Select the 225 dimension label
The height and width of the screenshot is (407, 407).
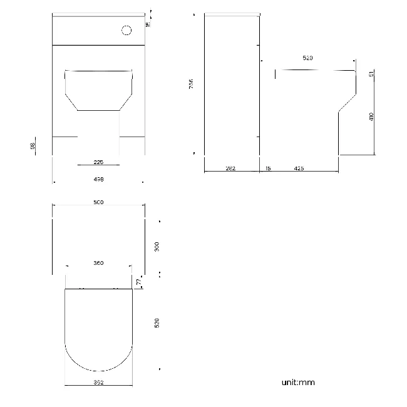point(98,162)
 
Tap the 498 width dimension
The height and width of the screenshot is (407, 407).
point(98,179)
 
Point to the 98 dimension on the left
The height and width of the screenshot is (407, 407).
point(33,146)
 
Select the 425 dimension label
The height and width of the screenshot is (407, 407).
point(299,168)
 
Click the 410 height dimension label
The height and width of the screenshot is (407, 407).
point(371,116)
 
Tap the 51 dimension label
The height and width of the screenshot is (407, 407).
point(371,74)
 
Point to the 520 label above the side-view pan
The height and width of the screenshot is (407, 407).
point(307,58)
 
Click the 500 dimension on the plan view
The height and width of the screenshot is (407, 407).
point(98,202)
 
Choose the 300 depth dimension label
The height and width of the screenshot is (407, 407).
point(157,247)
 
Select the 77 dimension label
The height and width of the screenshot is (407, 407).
point(138,282)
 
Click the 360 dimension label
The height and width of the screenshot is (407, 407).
point(98,263)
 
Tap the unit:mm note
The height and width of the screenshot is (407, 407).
point(297,381)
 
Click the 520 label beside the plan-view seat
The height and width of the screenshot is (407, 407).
point(157,322)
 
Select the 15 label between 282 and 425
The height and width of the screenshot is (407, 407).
point(268,168)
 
